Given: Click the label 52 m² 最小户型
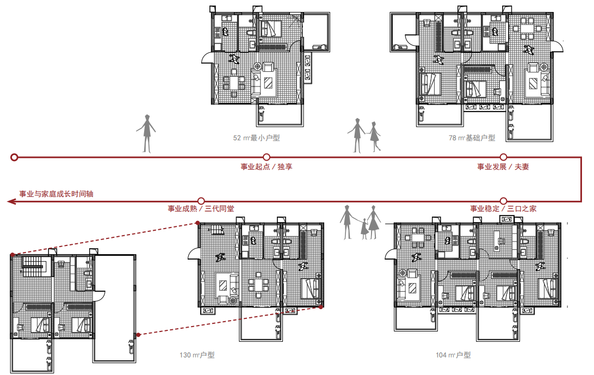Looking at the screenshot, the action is pyautogui.click(x=256, y=138).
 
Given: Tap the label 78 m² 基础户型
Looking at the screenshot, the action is pyautogui.click(x=472, y=138).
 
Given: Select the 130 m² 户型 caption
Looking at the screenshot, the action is pyautogui.click(x=197, y=355).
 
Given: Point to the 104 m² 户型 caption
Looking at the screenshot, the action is pyautogui.click(x=453, y=355).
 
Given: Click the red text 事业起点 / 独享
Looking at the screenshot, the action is pyautogui.click(x=267, y=167).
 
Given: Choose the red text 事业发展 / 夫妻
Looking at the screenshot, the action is pyautogui.click(x=503, y=167).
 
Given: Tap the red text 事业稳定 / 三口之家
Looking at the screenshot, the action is pyautogui.click(x=504, y=208).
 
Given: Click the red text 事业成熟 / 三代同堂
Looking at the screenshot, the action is pyautogui.click(x=201, y=208).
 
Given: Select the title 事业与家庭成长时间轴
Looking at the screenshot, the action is pyautogui.click(x=56, y=194).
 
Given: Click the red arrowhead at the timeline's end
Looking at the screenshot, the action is pyautogui.click(x=11, y=201).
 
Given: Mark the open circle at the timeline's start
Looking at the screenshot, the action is pyautogui.click(x=14, y=157).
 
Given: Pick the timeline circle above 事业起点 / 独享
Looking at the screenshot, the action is pyautogui.click(x=267, y=157).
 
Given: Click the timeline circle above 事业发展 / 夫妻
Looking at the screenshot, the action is pyautogui.click(x=503, y=157).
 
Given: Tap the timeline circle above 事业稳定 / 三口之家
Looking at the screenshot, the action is pyautogui.click(x=503, y=201).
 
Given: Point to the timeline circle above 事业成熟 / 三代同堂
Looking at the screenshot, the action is pyautogui.click(x=201, y=201).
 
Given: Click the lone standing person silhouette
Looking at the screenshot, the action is pyautogui.click(x=147, y=133).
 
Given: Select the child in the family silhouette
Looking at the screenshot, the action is pyautogui.click(x=364, y=229).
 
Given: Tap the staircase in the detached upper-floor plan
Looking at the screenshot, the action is pyautogui.click(x=34, y=267).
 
